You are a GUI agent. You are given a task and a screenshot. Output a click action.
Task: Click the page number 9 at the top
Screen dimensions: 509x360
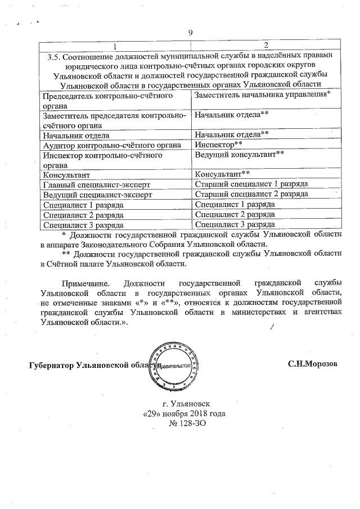coord(190,32)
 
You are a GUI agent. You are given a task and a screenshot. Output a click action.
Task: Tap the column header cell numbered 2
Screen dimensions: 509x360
coord(265,45)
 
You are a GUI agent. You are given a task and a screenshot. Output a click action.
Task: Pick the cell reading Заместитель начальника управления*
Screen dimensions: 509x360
coord(262,95)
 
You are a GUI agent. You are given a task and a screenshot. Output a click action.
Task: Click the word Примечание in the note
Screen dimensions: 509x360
coord(84,280)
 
